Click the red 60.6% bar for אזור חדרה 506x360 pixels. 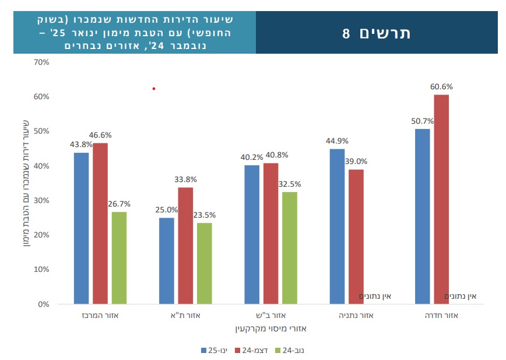coord(441,199)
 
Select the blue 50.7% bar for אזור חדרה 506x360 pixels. coord(423,216)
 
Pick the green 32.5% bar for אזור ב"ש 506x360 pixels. coord(289,248)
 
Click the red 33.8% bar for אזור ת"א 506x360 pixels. coord(185,246)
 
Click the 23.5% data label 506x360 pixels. coord(205,214)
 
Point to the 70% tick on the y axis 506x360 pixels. coord(42,61)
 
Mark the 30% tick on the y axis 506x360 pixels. coord(42,200)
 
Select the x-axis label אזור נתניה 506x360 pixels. coord(356,316)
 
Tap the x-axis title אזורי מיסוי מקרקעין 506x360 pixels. coord(270,328)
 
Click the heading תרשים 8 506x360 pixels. coord(376,33)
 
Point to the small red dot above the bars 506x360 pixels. coord(154,89)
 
